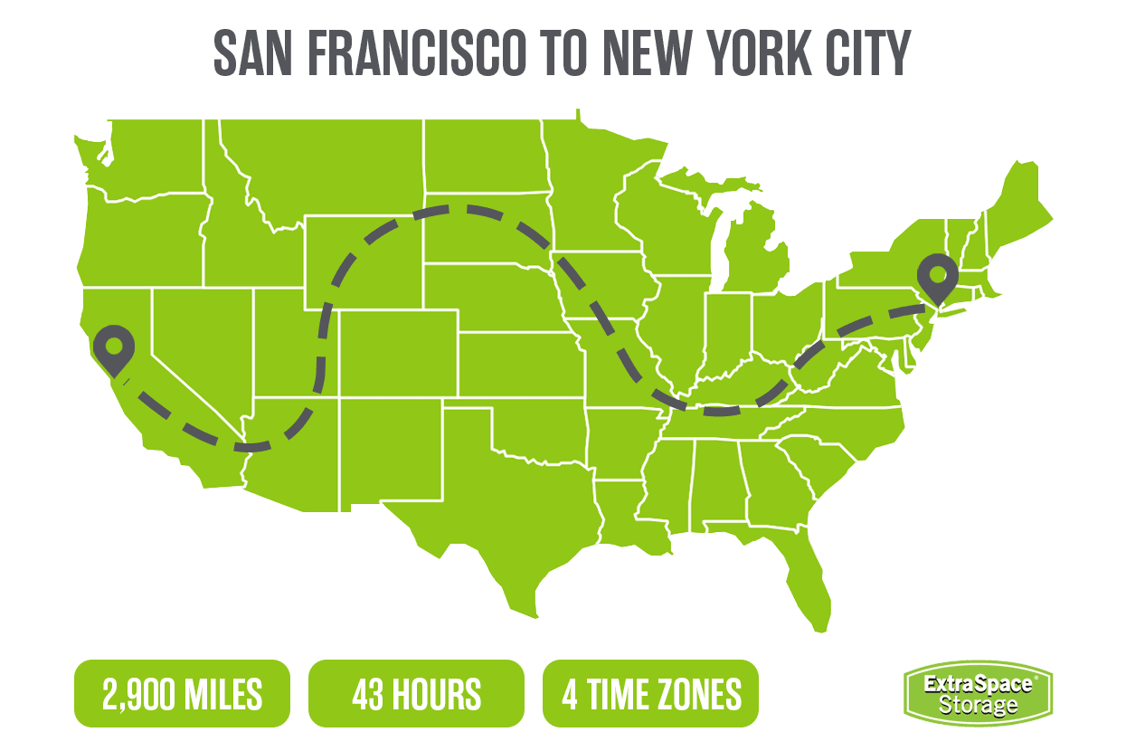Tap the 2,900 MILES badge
[182, 694]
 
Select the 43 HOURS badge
[416, 694]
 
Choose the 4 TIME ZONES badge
[650, 694]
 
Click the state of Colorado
[398, 353]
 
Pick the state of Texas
[506, 507]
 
